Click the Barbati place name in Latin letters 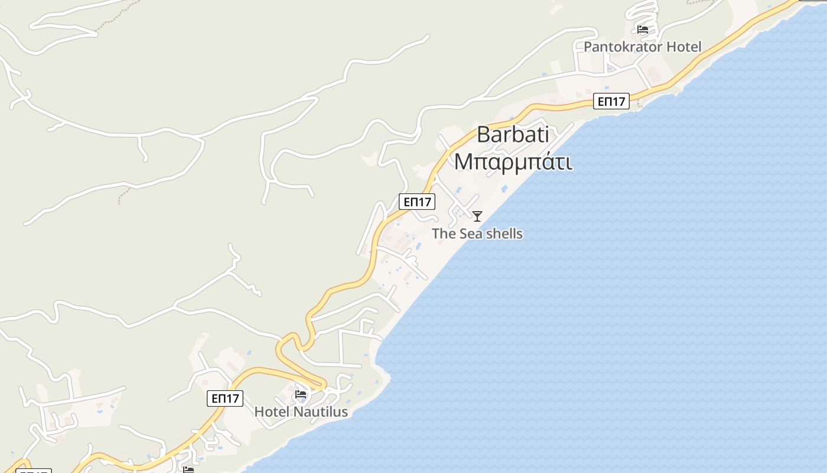(x=513, y=135)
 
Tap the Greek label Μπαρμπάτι (x=513, y=161)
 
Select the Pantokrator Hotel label (x=642, y=47)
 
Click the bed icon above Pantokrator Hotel (x=643, y=29)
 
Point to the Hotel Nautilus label (x=301, y=412)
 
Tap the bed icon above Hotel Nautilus (x=301, y=394)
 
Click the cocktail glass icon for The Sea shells (x=477, y=216)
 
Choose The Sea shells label (x=477, y=234)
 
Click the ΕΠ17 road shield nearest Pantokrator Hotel (x=611, y=101)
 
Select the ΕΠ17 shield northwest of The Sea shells (x=417, y=202)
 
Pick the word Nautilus (x=320, y=412)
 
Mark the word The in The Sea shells (x=444, y=234)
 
